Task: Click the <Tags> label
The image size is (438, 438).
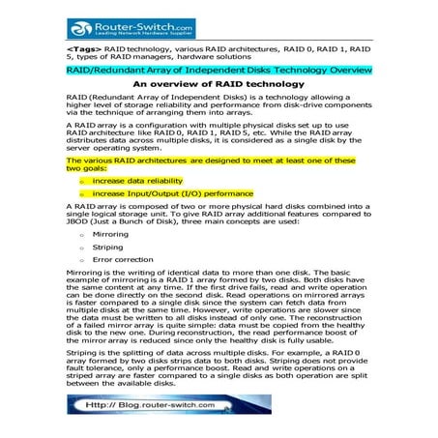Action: tap(84, 47)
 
